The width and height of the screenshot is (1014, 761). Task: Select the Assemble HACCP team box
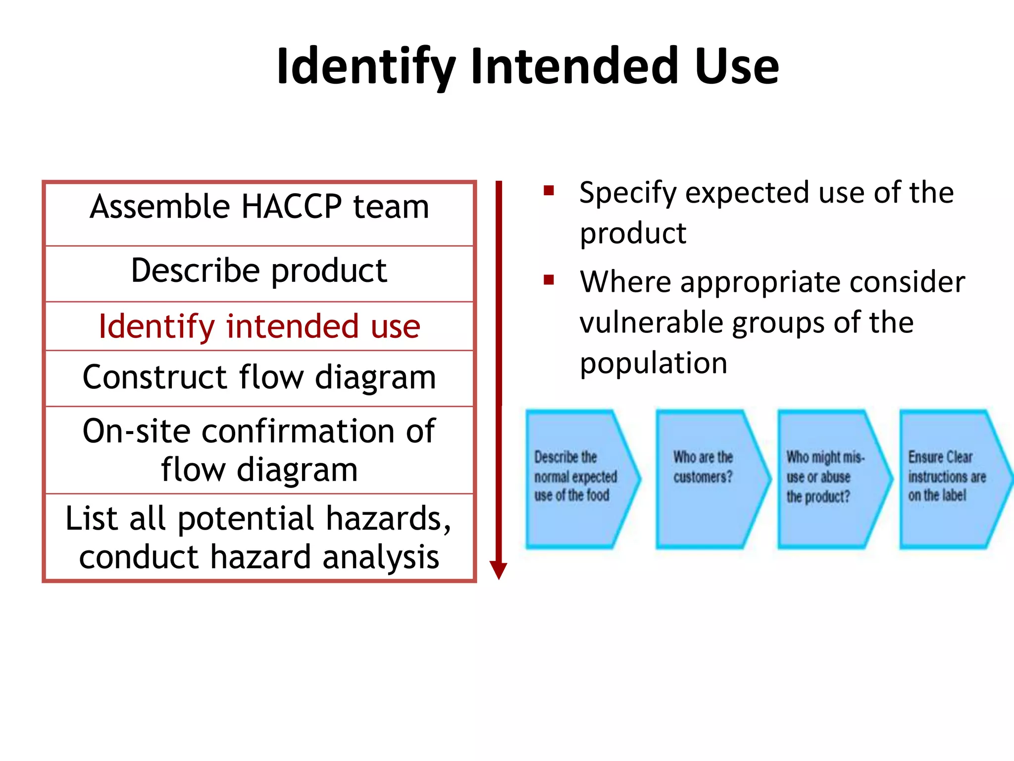coord(259,214)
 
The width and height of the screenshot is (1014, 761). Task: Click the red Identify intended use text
coord(259,327)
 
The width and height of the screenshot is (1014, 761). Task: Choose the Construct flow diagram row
coord(259,378)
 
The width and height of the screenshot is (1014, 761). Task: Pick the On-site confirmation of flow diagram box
coord(259,450)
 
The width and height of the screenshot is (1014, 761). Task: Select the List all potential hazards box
coord(259,537)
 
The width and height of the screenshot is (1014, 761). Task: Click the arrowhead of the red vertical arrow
coord(499,570)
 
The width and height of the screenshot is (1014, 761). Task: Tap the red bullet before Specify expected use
coord(549,191)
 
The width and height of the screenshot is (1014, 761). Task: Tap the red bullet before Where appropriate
coord(549,280)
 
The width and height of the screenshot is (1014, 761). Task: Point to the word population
coord(654,364)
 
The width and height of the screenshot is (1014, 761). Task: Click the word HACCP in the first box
coord(292,207)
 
